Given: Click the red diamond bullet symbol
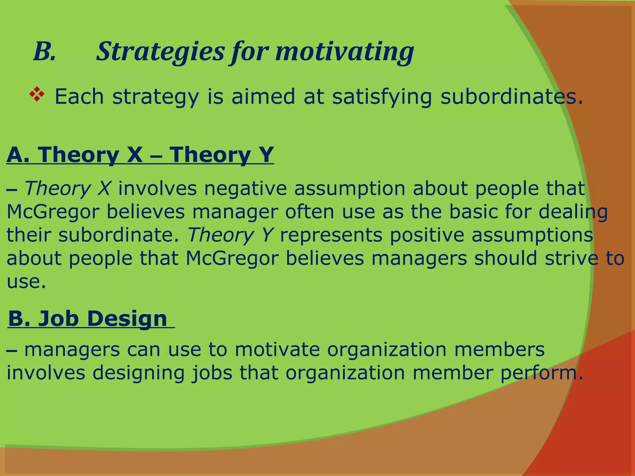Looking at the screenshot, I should click(37, 95).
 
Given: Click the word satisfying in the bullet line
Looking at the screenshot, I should click(382, 97).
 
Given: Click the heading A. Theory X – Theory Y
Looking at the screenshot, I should click(140, 155).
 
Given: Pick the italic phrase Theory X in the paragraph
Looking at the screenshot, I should click(67, 188).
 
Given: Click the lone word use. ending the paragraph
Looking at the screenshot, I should click(26, 282).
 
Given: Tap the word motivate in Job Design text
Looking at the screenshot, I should click(277, 350).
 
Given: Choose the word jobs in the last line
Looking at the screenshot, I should click(212, 373).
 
